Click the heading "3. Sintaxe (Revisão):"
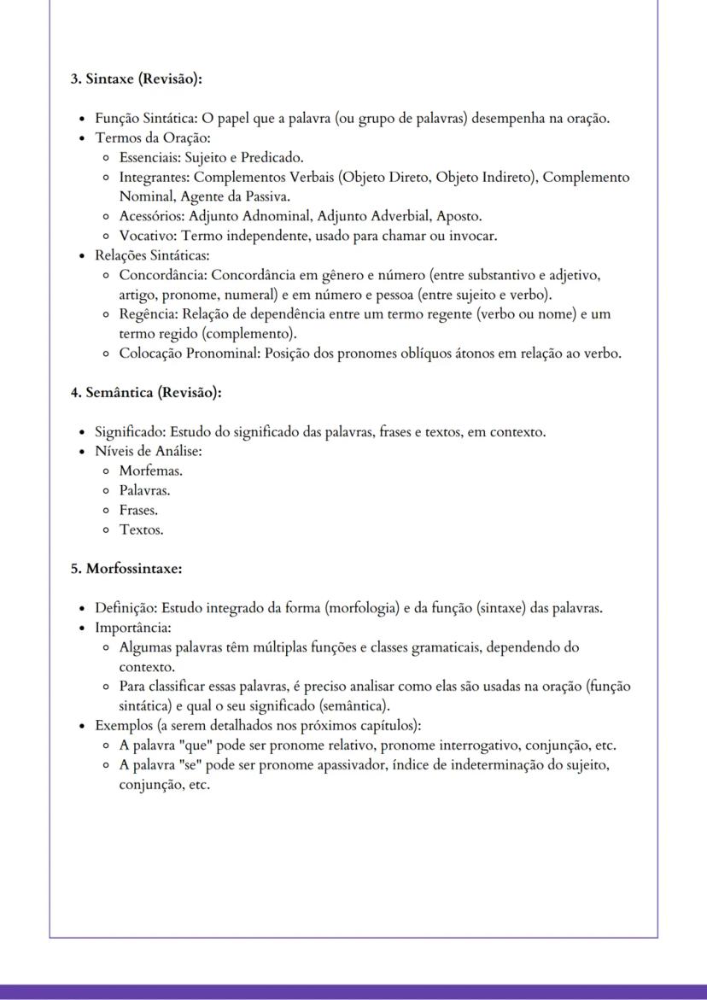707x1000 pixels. [x=137, y=79]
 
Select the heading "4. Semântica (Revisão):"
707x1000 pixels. [x=146, y=393]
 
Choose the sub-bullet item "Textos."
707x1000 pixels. [x=141, y=529]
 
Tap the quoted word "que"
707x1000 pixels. [x=198, y=746]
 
